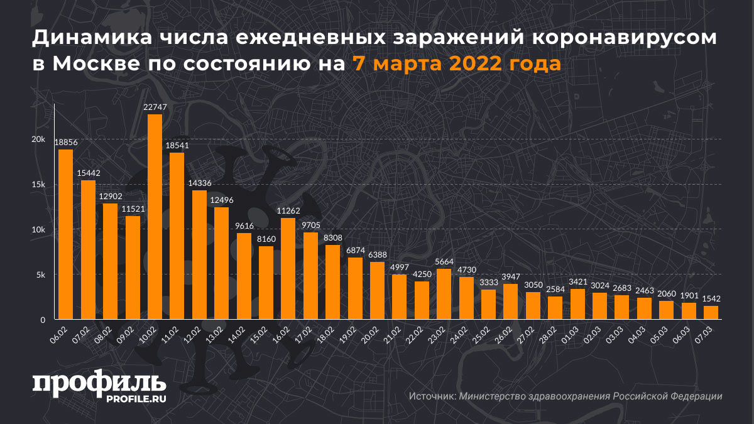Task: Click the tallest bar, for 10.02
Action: tap(155, 217)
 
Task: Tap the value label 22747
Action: tap(155, 108)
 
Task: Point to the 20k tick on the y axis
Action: tap(39, 139)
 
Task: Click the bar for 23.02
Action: tap(444, 294)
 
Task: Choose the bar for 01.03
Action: tap(577, 304)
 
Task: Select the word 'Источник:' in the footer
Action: tap(432, 396)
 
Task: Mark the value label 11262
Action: tap(288, 212)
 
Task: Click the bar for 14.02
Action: tap(244, 276)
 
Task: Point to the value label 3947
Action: tap(510, 278)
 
